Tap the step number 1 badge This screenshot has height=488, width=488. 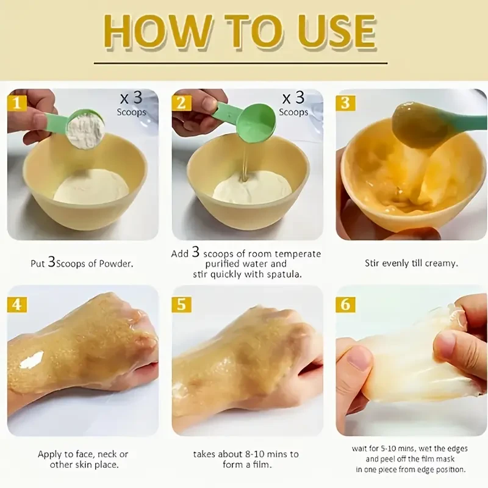click(17, 103)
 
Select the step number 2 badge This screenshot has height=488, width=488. click(181, 103)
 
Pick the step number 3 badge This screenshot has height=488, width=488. click(345, 103)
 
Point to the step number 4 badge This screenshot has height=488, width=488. click(17, 304)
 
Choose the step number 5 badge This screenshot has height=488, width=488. click(181, 304)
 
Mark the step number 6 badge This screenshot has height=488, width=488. click(345, 304)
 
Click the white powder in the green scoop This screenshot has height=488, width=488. click(86, 129)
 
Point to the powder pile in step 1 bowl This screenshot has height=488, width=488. click(91, 187)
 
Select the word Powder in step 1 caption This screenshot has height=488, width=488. click(116, 264)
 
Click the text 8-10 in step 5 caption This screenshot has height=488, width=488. click(256, 454)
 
